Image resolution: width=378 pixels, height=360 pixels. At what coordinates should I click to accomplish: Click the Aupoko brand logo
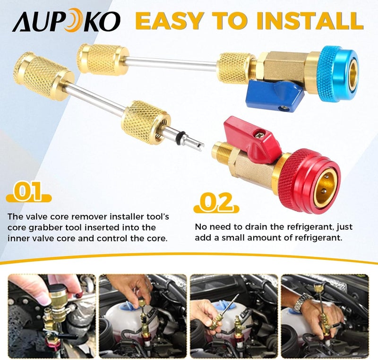click(x=66, y=20)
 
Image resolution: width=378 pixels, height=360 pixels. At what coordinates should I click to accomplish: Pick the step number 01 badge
click(x=28, y=193)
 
